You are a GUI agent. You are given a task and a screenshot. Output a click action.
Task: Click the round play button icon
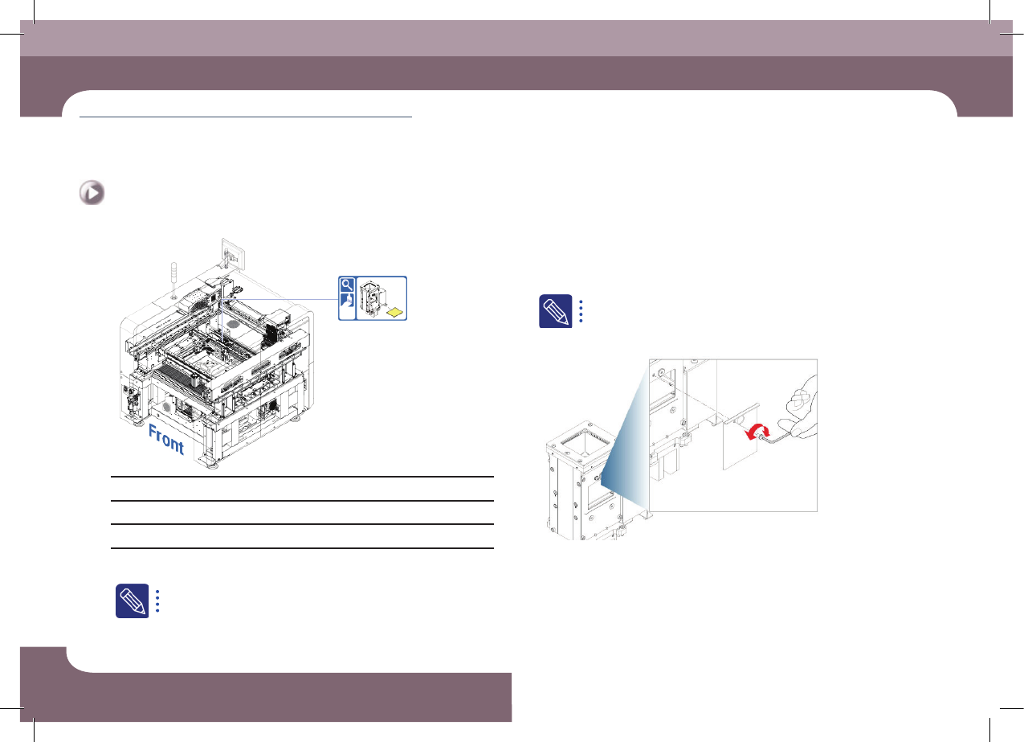point(92,193)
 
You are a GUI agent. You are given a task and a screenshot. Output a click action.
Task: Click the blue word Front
point(166,440)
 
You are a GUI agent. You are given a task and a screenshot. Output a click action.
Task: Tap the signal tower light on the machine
point(173,279)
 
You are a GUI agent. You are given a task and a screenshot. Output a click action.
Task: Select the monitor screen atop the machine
point(233,254)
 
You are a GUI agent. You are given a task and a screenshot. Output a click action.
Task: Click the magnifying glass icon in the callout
point(347,285)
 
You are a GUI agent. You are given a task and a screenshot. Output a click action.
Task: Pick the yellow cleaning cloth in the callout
point(396,312)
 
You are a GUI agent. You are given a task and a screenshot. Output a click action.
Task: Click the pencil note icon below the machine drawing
point(132,601)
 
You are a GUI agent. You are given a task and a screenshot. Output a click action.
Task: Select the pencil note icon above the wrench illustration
point(556,311)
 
